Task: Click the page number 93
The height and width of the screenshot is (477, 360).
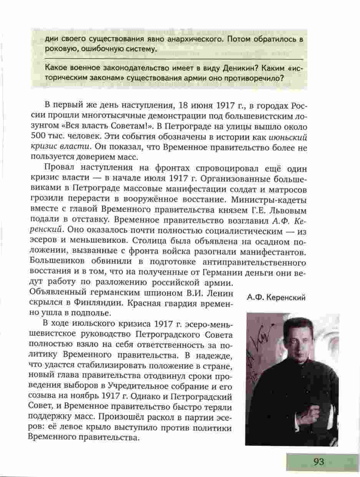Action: (x=319, y=462)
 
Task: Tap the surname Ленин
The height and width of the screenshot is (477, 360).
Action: (x=217, y=293)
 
